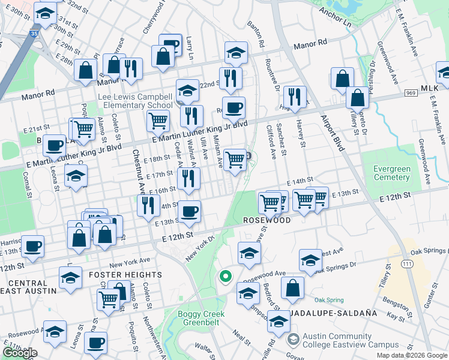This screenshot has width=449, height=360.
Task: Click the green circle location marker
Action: pyautogui.click(x=225, y=277)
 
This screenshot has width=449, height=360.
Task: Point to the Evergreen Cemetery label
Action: pyautogui.click(x=392, y=173)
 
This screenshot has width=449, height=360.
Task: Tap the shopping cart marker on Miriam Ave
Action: pyautogui.click(x=236, y=159)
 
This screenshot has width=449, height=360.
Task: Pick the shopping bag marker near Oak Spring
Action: pyautogui.click(x=292, y=288)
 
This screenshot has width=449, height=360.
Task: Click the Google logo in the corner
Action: pyautogui.click(x=20, y=353)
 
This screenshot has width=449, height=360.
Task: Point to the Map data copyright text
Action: pyautogui.click(x=412, y=355)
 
